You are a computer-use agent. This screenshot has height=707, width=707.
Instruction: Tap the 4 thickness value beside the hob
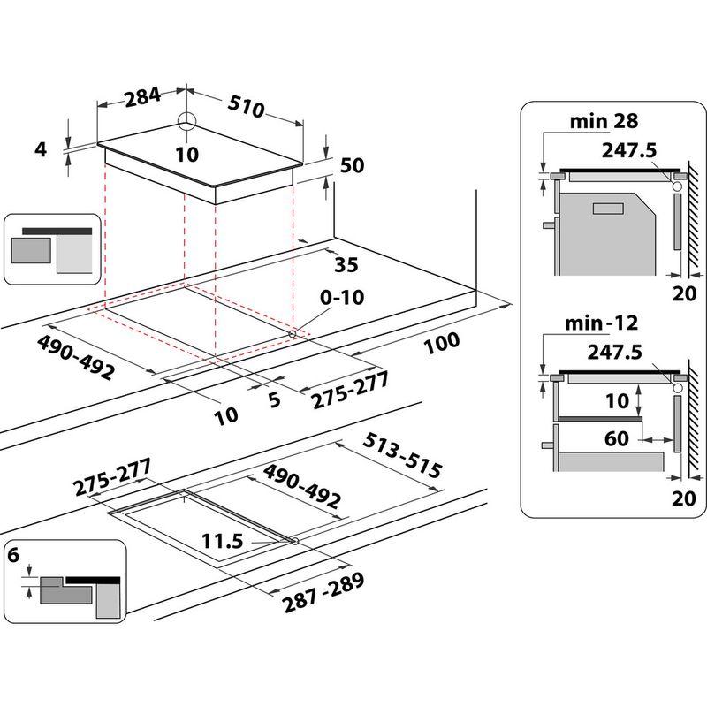click(40, 149)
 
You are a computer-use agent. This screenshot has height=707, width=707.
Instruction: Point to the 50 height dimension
click(351, 165)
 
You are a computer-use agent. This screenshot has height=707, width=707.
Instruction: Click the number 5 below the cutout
click(274, 400)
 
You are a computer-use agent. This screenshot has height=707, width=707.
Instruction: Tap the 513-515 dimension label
click(402, 457)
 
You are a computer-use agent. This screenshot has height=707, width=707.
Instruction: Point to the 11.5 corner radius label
click(221, 540)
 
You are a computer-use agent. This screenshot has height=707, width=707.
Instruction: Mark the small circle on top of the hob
click(187, 124)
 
